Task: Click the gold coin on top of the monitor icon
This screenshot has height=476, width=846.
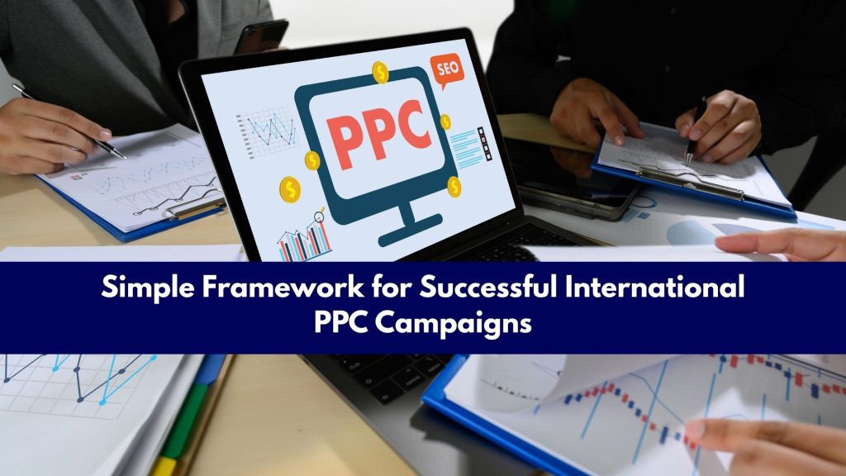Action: (380, 72)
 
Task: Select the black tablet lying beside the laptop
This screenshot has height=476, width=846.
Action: (570, 186)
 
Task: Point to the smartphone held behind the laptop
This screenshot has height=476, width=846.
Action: (261, 36)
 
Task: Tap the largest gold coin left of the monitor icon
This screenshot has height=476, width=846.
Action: (290, 190)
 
